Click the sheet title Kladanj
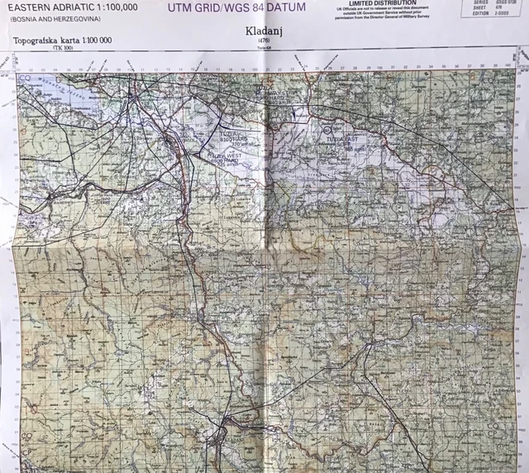(x=263, y=32)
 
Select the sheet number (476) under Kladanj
(x=263, y=41)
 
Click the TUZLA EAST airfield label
(x=340, y=140)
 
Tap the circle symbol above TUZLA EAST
(x=327, y=129)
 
